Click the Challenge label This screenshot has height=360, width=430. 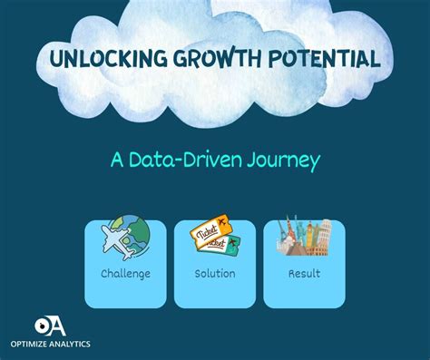(125, 273)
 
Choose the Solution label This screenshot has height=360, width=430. (215, 273)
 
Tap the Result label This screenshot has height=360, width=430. (304, 273)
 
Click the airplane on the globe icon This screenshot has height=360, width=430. (117, 240)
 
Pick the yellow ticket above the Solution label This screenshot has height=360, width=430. (206, 235)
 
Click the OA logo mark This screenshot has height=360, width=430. (52, 324)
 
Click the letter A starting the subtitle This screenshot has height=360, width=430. (117, 161)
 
